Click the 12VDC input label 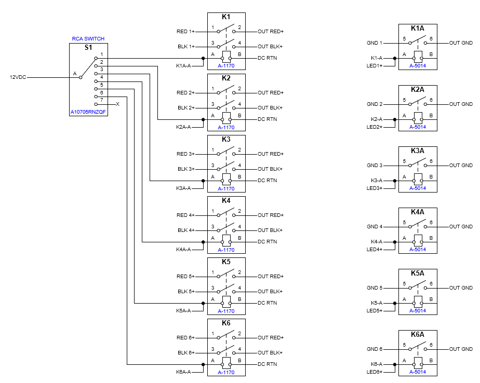[x=18, y=77]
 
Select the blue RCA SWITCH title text [x=88, y=39]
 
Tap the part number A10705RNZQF [x=88, y=112]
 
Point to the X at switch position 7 [x=117, y=104]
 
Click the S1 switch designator [x=88, y=48]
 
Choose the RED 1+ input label [x=185, y=32]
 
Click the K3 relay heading [x=226, y=139]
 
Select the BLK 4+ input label [x=186, y=230]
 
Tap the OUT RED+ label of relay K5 [x=271, y=277]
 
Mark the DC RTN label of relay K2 [x=268, y=119]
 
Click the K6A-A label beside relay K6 [x=183, y=372]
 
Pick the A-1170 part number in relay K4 [x=226, y=250]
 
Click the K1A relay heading [x=418, y=28]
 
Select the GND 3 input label [x=374, y=166]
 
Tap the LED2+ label [x=374, y=127]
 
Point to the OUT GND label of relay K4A [x=461, y=227]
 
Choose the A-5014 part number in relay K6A [x=418, y=372]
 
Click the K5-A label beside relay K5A [x=376, y=303]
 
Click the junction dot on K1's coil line [x=203, y=58]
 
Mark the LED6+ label [x=374, y=372]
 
